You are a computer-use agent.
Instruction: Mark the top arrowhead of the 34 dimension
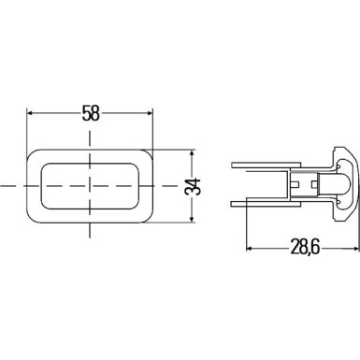click(x=193, y=150)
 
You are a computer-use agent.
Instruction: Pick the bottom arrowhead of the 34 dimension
click(x=193, y=222)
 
